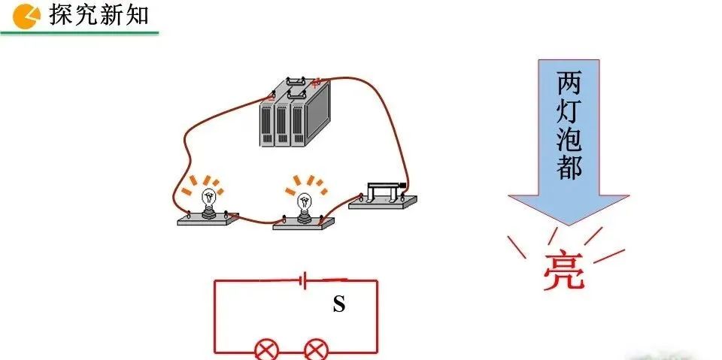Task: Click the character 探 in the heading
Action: coord(62,14)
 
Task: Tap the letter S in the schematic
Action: coord(339,305)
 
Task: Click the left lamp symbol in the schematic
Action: coord(265,350)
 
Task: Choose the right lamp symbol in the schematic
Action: coord(315,350)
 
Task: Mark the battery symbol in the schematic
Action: coord(302,281)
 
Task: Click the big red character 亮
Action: coord(563,271)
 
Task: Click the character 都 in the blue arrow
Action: coord(569,168)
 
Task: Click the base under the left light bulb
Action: coord(208,219)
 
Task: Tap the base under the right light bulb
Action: coord(303,222)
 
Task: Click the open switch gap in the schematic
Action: coord(335,280)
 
